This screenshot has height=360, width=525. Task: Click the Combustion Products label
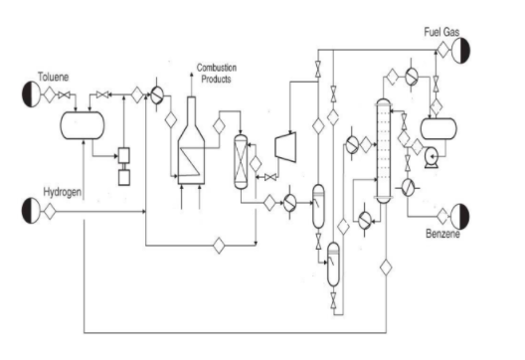click(x=217, y=72)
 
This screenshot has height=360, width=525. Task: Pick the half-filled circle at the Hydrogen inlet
click(x=30, y=209)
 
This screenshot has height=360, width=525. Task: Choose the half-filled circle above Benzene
click(x=462, y=215)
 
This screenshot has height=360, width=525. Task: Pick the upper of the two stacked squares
click(x=125, y=155)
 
